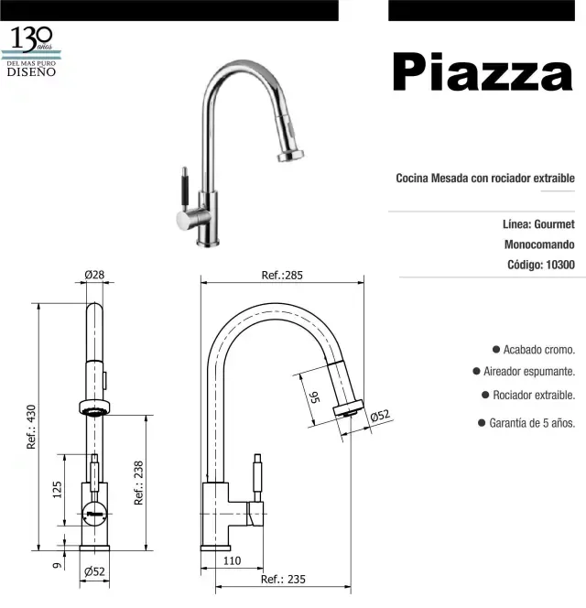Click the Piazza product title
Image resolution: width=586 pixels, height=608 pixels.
click(483, 71)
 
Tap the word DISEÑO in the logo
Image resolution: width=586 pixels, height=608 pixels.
click(32, 71)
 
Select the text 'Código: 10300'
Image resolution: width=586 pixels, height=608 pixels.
click(540, 266)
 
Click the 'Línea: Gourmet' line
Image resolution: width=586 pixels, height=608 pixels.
click(538, 223)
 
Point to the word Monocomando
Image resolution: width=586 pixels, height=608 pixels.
click(539, 244)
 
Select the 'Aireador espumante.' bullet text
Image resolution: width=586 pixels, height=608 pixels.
click(529, 372)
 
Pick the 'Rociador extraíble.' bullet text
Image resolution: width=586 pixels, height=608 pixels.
click(534, 396)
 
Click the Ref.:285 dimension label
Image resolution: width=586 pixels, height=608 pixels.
click(281, 275)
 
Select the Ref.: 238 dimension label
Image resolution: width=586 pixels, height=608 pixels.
click(139, 483)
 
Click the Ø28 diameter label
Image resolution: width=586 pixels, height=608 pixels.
click(93, 275)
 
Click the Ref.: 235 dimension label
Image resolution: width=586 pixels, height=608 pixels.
click(282, 580)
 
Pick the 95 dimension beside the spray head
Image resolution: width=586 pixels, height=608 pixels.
click(313, 396)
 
